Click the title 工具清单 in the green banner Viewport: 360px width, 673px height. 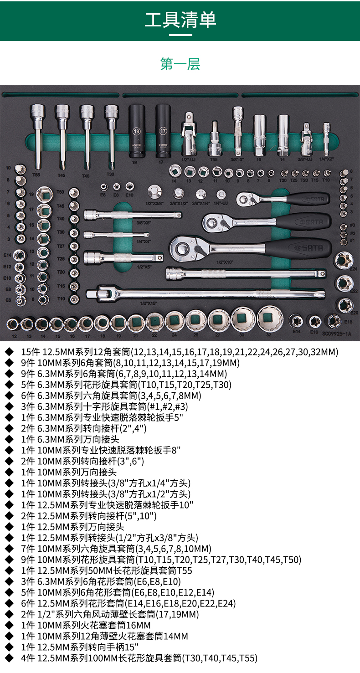180,20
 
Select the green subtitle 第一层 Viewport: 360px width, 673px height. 180,64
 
